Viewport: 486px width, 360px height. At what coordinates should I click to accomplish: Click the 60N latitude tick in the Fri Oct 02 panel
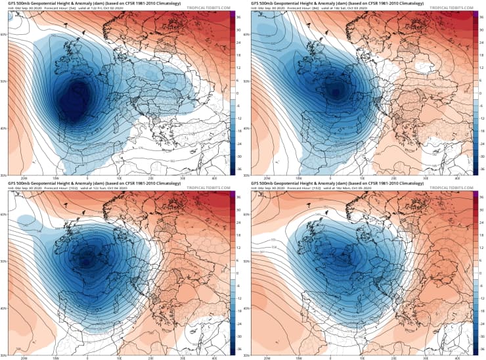(x=4, y=34)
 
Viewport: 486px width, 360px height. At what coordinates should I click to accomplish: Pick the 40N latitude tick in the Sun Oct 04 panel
(x=4, y=308)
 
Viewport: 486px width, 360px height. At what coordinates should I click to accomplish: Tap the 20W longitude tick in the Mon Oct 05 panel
(x=265, y=357)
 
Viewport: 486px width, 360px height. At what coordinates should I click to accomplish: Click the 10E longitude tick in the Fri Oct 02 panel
(x=119, y=179)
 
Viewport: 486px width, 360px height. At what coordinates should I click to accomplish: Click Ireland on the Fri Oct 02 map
(x=68, y=64)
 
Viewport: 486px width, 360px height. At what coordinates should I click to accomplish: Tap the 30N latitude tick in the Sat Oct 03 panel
(x=247, y=175)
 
